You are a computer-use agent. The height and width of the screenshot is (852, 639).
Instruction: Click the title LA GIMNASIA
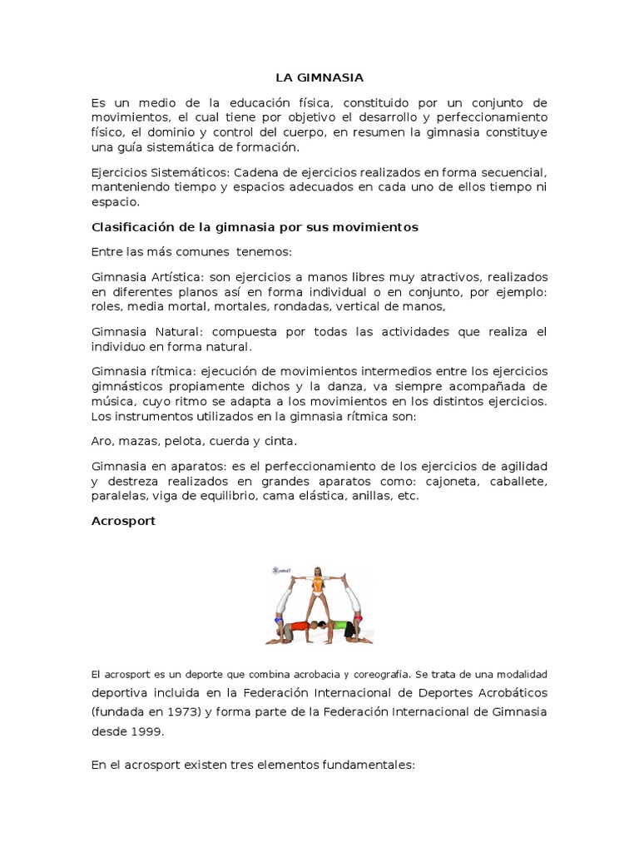(x=319, y=77)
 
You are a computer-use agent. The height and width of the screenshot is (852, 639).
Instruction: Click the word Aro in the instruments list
(x=102, y=441)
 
